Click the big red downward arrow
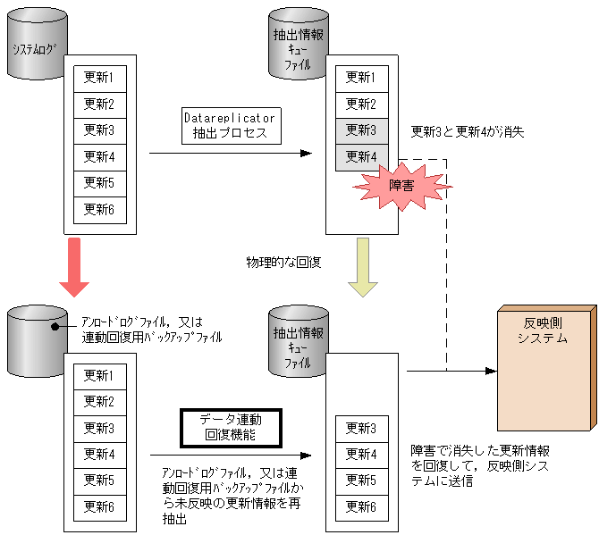click(74, 266)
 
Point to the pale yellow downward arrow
click(362, 266)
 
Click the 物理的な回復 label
click(283, 263)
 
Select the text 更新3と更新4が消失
click(467, 132)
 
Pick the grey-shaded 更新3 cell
click(361, 130)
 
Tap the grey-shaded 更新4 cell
click(361, 157)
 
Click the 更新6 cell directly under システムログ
click(99, 210)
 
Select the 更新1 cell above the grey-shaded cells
click(361, 77)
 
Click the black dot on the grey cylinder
click(55, 325)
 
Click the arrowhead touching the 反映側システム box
click(492, 371)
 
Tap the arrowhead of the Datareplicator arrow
click(307, 154)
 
